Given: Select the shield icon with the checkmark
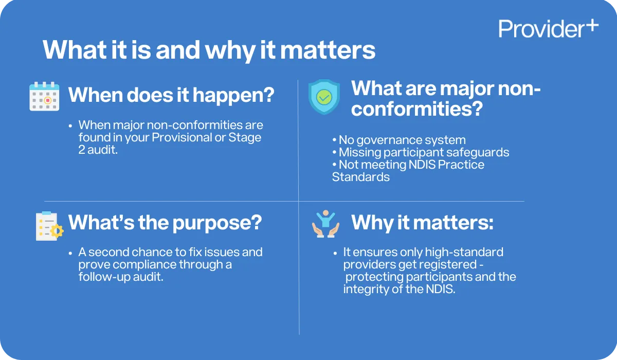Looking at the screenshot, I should (x=324, y=96).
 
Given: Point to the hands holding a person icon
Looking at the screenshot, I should (x=325, y=224).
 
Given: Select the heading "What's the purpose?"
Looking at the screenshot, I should (x=165, y=222).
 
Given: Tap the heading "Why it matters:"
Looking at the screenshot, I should (x=422, y=222).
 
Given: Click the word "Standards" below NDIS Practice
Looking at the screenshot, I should (x=360, y=177).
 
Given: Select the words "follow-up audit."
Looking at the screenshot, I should (x=121, y=277).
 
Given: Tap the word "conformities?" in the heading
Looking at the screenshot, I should (x=416, y=110).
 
